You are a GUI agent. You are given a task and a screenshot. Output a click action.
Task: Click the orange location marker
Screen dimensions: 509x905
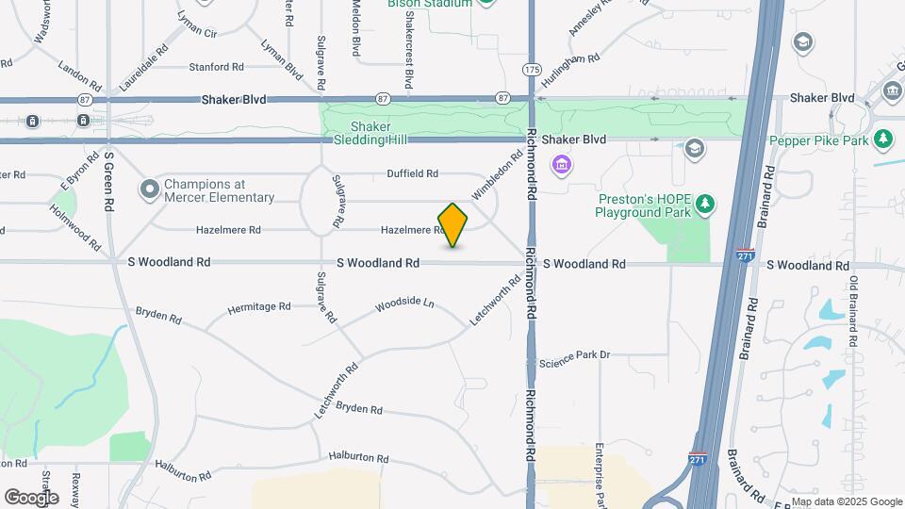click(453, 225)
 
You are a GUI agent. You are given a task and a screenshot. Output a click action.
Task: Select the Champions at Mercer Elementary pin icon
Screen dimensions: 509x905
click(149, 190)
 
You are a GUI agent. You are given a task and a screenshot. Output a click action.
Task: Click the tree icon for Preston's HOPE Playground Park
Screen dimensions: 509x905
click(704, 204)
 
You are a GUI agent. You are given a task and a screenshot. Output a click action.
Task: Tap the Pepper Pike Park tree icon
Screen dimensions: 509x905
click(883, 140)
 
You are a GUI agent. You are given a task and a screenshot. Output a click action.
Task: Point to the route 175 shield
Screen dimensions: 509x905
click(533, 70)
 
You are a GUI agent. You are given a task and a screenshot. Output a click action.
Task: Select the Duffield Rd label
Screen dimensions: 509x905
click(413, 173)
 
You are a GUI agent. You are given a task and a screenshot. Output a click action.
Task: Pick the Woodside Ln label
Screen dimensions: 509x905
click(404, 305)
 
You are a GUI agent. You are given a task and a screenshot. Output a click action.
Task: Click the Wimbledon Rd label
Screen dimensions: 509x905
click(497, 175)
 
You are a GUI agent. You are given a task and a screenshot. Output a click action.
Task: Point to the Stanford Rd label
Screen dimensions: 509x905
click(216, 67)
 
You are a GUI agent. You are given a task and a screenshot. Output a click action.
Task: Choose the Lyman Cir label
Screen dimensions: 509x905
click(197, 32)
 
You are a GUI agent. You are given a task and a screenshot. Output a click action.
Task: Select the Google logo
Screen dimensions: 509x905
click(31, 497)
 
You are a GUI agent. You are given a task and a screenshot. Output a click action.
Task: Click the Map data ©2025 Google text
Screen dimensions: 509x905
click(847, 501)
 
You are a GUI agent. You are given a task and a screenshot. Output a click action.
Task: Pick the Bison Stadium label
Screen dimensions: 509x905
click(429, 4)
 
